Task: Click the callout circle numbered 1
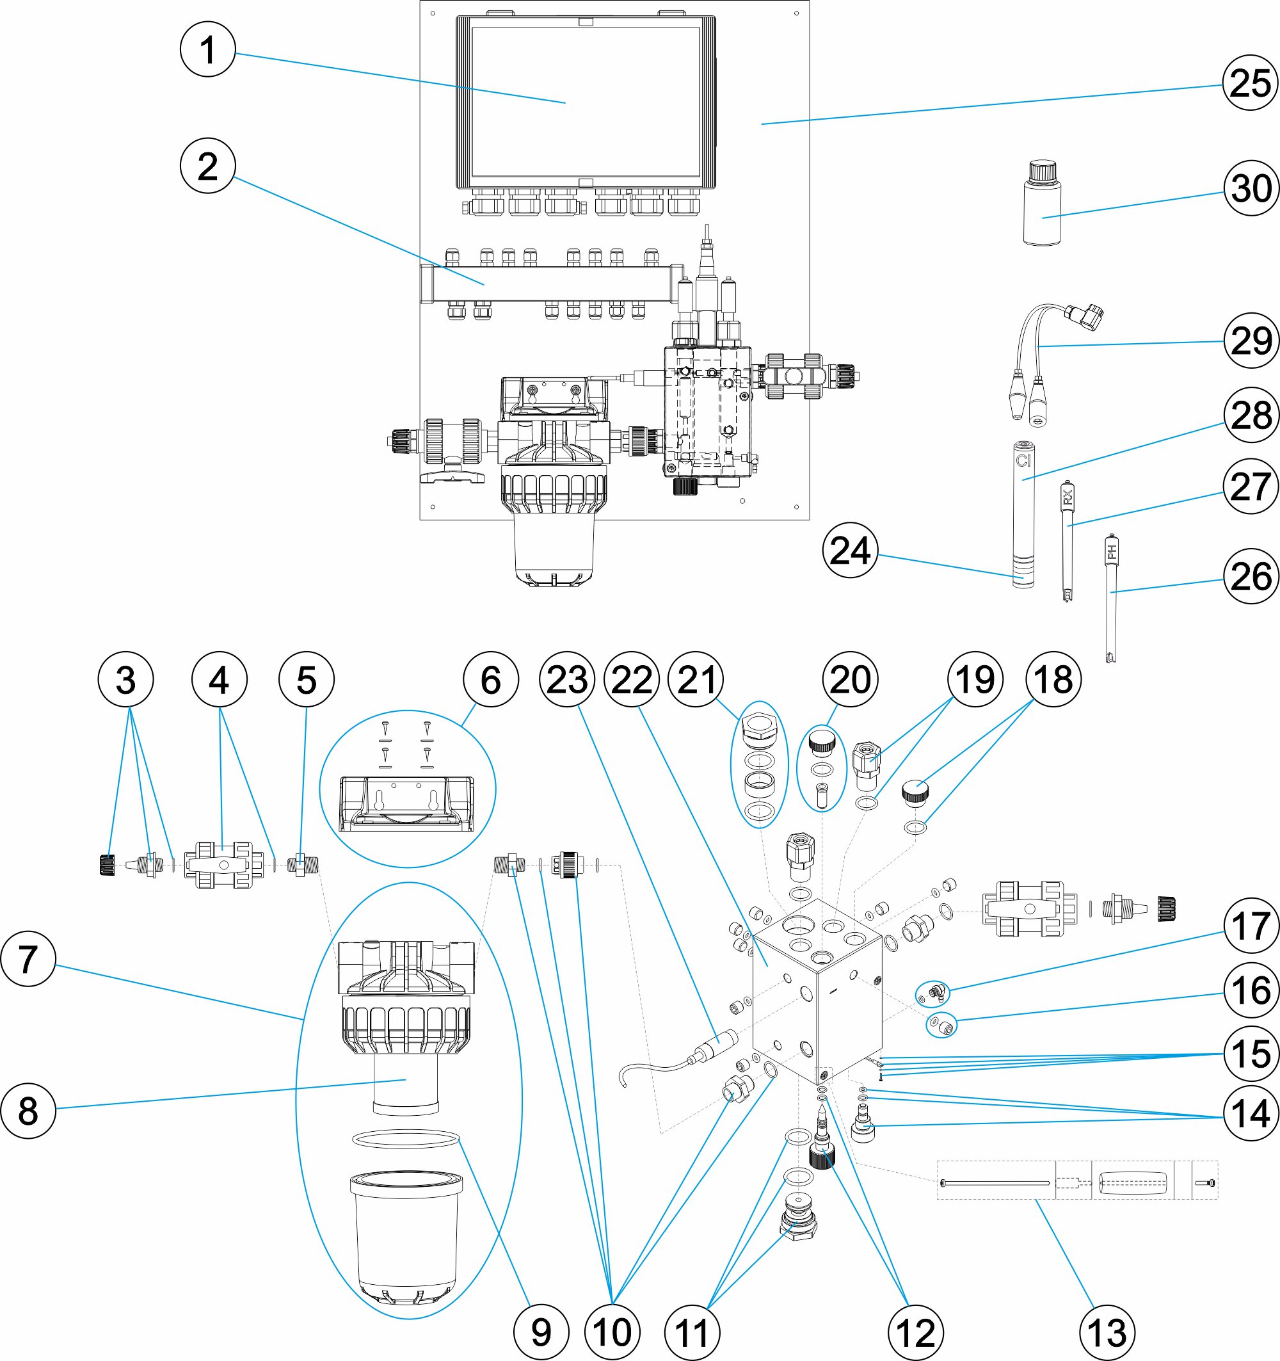click(x=207, y=50)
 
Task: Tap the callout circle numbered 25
click(x=1251, y=83)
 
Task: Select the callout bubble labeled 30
click(x=1251, y=188)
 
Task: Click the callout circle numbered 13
click(x=1107, y=1332)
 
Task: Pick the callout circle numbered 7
click(x=28, y=958)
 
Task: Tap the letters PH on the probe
click(x=1112, y=551)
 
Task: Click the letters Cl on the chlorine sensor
click(x=1023, y=461)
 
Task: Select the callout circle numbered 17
click(x=1251, y=926)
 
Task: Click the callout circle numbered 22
click(x=632, y=680)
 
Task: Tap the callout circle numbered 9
click(x=541, y=1332)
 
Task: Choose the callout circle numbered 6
click(x=491, y=680)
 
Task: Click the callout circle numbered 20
click(x=849, y=680)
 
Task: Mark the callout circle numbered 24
click(x=849, y=551)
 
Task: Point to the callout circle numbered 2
click(x=207, y=166)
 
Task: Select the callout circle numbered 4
click(x=219, y=680)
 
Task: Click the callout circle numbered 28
click(x=1251, y=415)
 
